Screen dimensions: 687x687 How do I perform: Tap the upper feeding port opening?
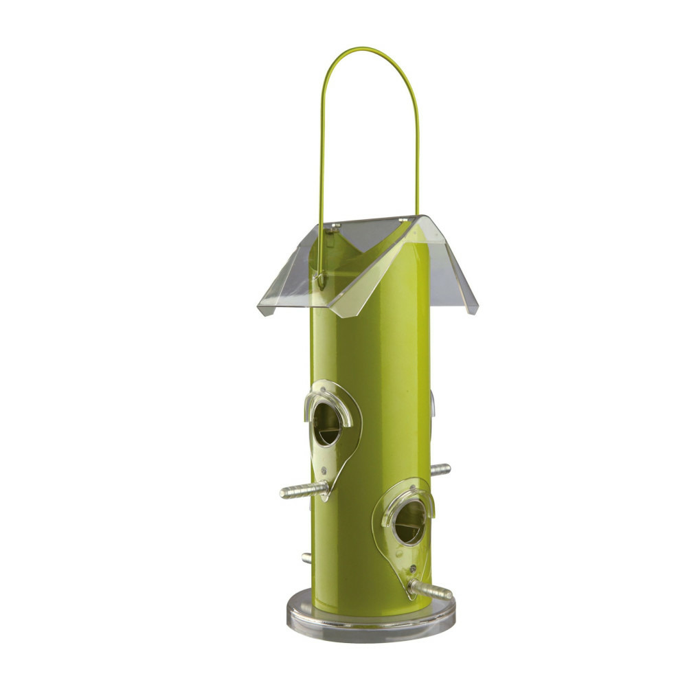(x=327, y=424)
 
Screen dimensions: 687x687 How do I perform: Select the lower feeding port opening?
(x=410, y=523)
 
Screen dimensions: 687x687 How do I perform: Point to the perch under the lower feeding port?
(x=431, y=590)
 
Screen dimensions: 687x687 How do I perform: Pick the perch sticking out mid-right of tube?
(x=440, y=469)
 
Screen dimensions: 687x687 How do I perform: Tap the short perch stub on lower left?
(x=306, y=558)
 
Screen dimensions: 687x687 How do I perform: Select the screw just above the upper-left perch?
(x=323, y=470)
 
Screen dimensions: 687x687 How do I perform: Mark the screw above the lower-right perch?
(x=411, y=570)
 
